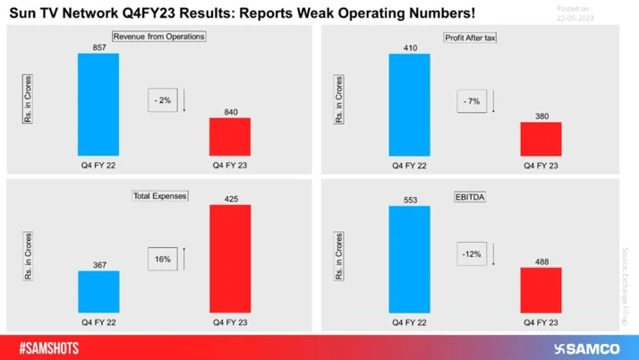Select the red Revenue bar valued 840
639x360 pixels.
pos(230,136)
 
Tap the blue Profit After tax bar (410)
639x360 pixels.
pos(409,106)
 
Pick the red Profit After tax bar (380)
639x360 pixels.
pos(541,139)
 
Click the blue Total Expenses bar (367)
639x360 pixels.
pos(98,290)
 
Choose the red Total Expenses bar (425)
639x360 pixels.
pos(230,257)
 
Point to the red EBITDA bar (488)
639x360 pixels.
pos(541,288)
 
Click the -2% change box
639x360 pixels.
pos(162,101)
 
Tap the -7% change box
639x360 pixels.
pos(472,101)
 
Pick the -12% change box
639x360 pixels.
pos(472,254)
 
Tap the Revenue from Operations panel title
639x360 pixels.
pos(158,37)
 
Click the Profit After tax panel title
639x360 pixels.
pos(472,37)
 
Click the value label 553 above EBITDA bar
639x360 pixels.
pos(409,198)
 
